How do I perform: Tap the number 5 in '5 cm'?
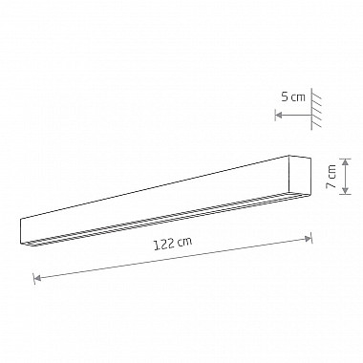[x=284, y=97]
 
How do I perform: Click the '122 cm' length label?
[x=173, y=244]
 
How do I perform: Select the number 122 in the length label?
[x=165, y=245]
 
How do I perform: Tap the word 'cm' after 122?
[x=185, y=242]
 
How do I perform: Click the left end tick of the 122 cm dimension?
[x=34, y=278]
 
